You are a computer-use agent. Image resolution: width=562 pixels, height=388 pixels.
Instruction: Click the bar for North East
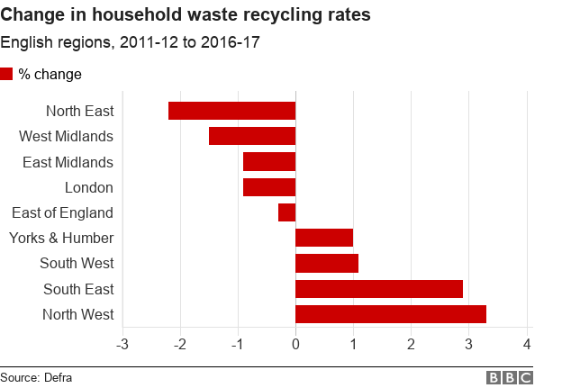point(231,111)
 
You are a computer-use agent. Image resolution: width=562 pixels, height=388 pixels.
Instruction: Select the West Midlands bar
point(252,136)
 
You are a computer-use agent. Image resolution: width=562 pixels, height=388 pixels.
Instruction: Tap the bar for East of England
point(286,212)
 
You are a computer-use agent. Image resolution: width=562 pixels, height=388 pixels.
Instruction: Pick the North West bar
point(391,314)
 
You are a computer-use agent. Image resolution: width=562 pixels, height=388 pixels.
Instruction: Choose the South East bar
point(379,289)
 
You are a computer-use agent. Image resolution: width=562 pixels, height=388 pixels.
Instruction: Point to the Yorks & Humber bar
point(324,238)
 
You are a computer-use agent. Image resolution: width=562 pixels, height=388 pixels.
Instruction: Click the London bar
point(269,187)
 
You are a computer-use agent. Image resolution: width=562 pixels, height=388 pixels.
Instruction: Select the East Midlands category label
point(68,162)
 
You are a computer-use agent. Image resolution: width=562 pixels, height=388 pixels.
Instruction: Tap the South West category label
point(77,263)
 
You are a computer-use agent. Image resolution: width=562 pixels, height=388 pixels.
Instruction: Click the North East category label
point(80,111)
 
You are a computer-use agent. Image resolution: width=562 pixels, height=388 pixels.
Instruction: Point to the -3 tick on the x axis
point(122,345)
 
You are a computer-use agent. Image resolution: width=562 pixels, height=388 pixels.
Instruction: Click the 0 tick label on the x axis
point(295,345)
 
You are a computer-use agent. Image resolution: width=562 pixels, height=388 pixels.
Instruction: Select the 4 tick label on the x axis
point(527,345)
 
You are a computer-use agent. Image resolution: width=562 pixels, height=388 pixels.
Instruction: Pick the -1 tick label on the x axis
point(238,345)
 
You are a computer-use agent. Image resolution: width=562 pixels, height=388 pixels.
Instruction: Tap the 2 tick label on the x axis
point(412,345)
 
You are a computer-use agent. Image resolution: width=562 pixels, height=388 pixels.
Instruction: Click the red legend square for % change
point(7,74)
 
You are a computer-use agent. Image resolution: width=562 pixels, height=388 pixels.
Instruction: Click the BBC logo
point(510,378)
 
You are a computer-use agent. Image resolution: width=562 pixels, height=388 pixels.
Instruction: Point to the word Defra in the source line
point(57,378)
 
